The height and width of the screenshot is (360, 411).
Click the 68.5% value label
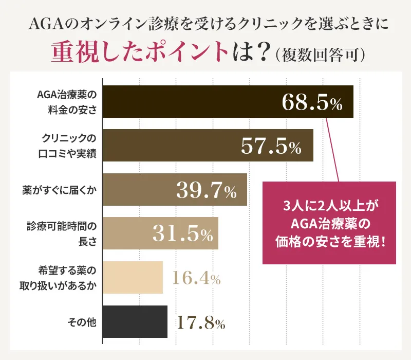[x=312, y=102]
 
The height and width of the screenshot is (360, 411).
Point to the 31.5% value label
[x=182, y=234]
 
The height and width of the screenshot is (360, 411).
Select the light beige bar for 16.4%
[x=133, y=278]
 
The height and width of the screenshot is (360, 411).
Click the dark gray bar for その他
[x=136, y=322]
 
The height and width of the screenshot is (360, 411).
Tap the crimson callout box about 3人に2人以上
[x=329, y=223]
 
